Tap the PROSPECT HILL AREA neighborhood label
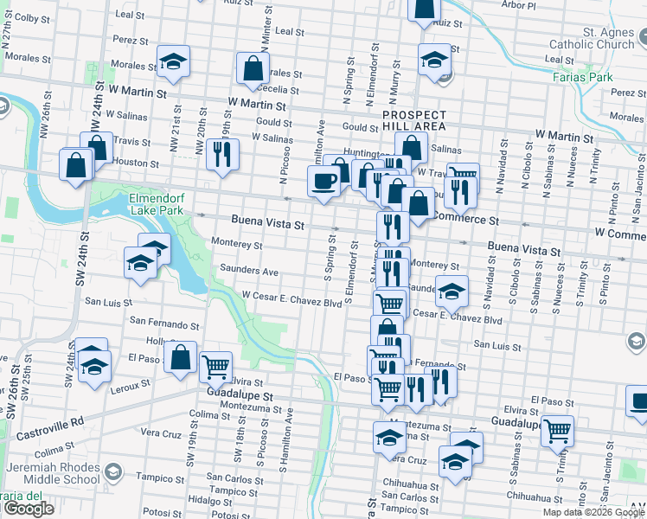click(x=414, y=120)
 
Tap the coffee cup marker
click(x=324, y=182)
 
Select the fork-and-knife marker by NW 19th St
click(x=223, y=154)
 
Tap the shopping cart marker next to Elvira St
click(x=215, y=366)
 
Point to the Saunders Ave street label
click(x=249, y=271)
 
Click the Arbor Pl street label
click(x=518, y=4)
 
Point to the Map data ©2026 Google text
click(x=593, y=512)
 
